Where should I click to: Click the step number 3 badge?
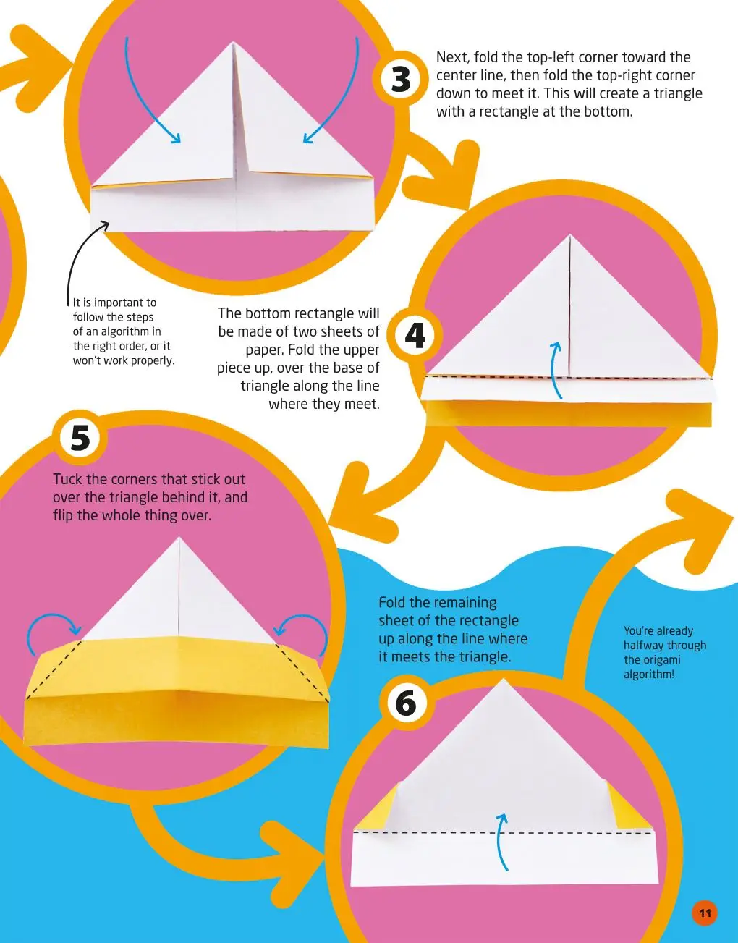point(401,79)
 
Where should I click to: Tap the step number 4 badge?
point(415,337)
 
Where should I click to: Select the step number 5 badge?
point(80,437)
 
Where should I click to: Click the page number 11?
point(705,913)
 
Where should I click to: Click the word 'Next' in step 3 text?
point(453,57)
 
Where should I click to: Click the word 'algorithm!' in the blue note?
point(649,675)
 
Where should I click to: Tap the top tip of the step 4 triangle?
point(569,234)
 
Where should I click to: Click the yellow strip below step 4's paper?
point(569,414)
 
